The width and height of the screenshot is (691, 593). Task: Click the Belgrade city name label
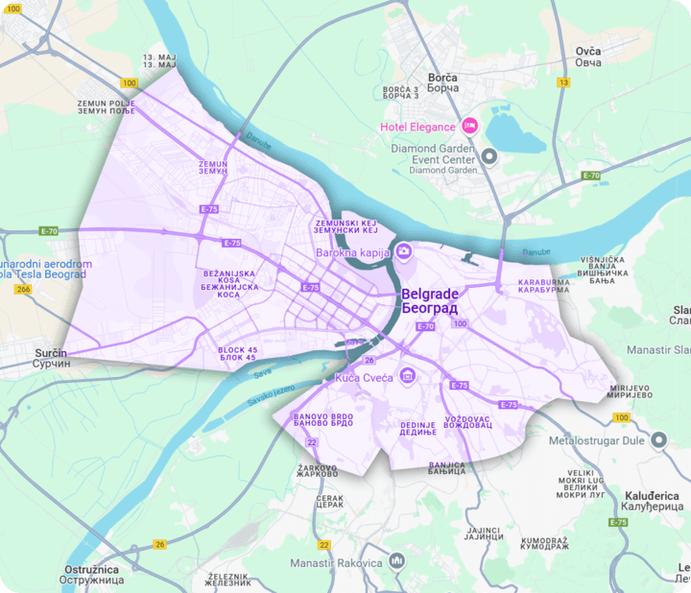[429, 301]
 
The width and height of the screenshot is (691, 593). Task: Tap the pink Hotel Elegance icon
[470, 126]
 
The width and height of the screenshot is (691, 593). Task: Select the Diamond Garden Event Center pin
[489, 155]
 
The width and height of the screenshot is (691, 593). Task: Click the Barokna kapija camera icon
[404, 252]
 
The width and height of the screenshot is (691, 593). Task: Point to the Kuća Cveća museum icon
[408, 374]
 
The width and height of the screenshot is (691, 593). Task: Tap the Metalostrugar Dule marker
[657, 440]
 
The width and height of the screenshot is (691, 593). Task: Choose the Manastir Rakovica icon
[397, 561]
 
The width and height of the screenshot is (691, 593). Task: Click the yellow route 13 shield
[562, 83]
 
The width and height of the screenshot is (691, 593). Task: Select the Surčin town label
[51, 359]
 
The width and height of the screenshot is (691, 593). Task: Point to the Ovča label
[587, 57]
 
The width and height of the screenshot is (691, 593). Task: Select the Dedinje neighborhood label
[418, 427]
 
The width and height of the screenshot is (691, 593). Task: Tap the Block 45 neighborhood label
[237, 354]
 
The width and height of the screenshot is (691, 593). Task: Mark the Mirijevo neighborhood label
[630, 391]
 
